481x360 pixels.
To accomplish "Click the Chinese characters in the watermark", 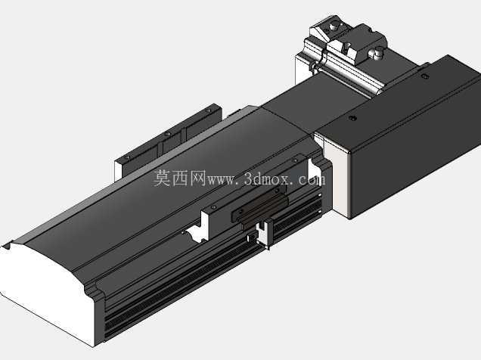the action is (x=180, y=178).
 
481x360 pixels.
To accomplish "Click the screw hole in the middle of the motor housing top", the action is (x=353, y=118).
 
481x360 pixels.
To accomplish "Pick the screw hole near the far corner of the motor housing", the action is (x=425, y=76).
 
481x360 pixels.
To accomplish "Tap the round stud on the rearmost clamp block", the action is (x=333, y=26).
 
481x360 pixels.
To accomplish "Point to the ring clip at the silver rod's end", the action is (x=314, y=67).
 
